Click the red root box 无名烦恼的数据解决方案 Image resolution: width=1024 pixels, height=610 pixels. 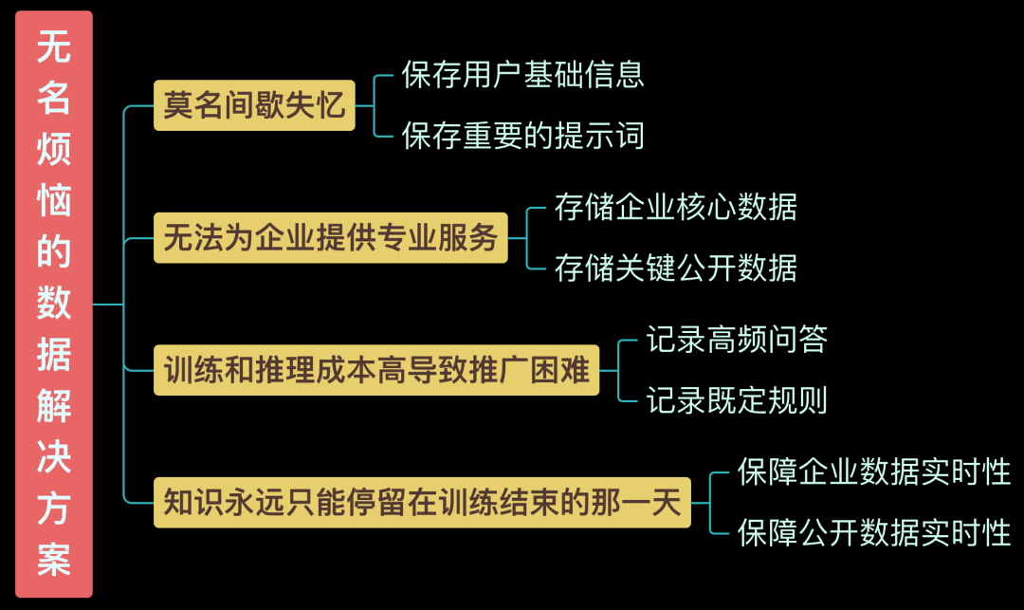coord(54,304)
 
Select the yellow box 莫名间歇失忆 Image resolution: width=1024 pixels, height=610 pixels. coord(254,105)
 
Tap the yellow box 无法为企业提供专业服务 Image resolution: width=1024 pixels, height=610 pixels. coord(331,237)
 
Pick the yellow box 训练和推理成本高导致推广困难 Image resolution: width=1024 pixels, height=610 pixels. coord(376,370)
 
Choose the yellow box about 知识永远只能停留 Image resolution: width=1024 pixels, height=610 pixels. coord(422,503)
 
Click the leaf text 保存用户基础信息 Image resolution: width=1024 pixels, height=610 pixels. coord(523,74)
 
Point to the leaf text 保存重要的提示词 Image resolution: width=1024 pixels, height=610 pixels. coord(523,136)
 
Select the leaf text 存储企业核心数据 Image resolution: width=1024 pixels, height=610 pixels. coord(676,207)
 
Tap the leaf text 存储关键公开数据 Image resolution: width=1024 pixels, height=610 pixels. coord(676,268)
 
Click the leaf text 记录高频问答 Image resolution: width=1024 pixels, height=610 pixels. coord(737,339)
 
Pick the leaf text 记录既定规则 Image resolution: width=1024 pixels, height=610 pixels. coord(737,400)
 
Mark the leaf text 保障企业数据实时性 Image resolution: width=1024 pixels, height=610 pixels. coord(874,471)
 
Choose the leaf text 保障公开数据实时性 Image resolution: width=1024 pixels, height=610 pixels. coord(874,532)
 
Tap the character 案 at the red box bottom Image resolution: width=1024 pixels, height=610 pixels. coord(54,560)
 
